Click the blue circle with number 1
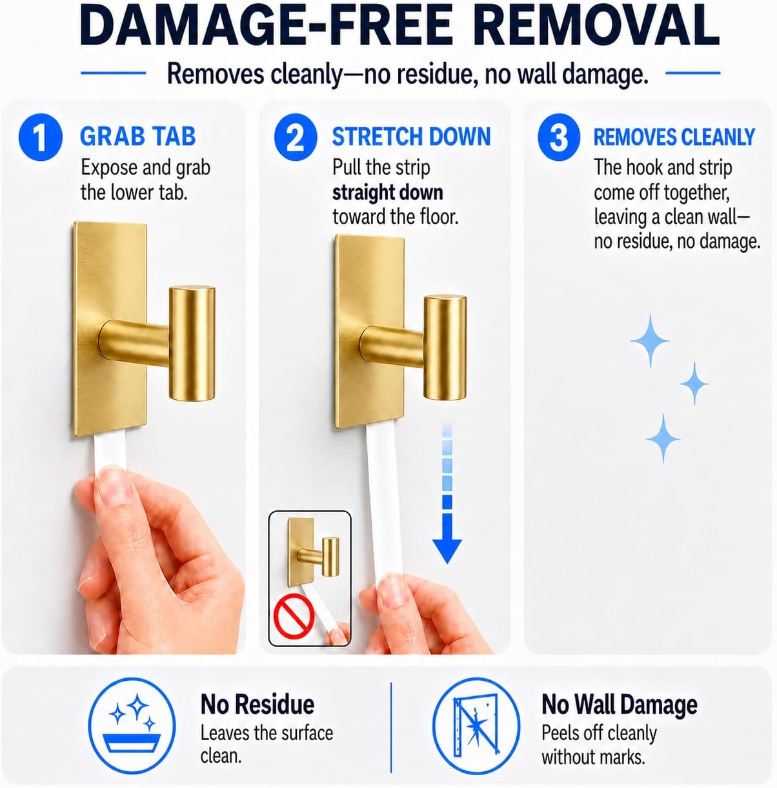pyautogui.click(x=41, y=136)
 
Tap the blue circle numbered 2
pyautogui.click(x=295, y=136)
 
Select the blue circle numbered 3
pyautogui.click(x=559, y=136)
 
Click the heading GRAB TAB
pyautogui.click(x=137, y=136)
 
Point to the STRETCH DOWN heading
pyautogui.click(x=411, y=136)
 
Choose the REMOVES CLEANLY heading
pyautogui.click(x=674, y=136)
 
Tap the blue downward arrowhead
pyautogui.click(x=447, y=551)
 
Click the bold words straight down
pyautogui.click(x=387, y=192)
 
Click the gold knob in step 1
pyautogui.click(x=192, y=343)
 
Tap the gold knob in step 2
pyautogui.click(x=445, y=347)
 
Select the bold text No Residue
pyautogui.click(x=257, y=705)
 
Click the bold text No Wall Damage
pyautogui.click(x=620, y=705)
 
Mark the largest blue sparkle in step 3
pyautogui.click(x=650, y=340)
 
